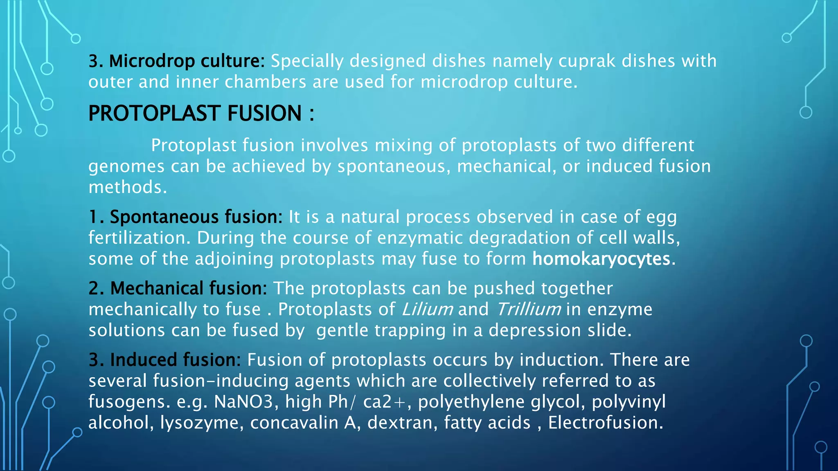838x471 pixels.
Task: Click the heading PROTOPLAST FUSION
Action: point(195,113)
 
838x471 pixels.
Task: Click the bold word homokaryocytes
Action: point(601,259)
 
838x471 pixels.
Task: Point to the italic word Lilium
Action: point(427,310)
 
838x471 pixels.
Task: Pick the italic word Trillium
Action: point(528,310)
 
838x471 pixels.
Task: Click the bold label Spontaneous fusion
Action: point(196,217)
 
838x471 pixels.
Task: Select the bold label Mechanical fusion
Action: point(188,288)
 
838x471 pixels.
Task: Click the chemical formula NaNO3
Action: point(243,402)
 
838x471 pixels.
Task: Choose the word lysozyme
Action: point(199,423)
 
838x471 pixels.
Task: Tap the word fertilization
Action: point(137,238)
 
